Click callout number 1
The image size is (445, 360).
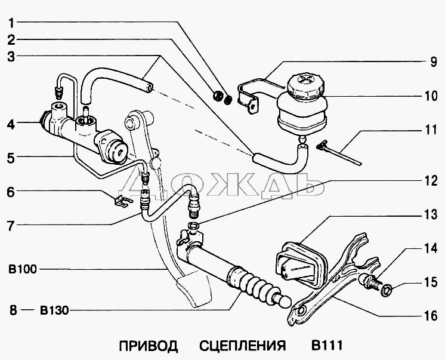(11, 23)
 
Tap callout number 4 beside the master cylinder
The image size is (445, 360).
(11, 124)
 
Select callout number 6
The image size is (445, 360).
(11, 192)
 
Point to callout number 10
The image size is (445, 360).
(431, 96)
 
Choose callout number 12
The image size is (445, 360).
(431, 181)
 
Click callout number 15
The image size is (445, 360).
(431, 282)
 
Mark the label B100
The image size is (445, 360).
(23, 269)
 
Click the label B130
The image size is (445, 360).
(54, 310)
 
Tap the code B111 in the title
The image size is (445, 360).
(327, 346)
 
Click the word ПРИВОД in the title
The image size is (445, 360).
(149, 346)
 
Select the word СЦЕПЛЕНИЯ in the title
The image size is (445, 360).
(242, 346)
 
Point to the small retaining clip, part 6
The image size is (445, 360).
(123, 200)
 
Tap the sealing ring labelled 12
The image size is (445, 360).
(193, 226)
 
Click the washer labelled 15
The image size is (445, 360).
(387, 291)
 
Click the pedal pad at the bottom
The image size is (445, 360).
(194, 289)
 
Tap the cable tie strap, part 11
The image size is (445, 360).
(339, 152)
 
